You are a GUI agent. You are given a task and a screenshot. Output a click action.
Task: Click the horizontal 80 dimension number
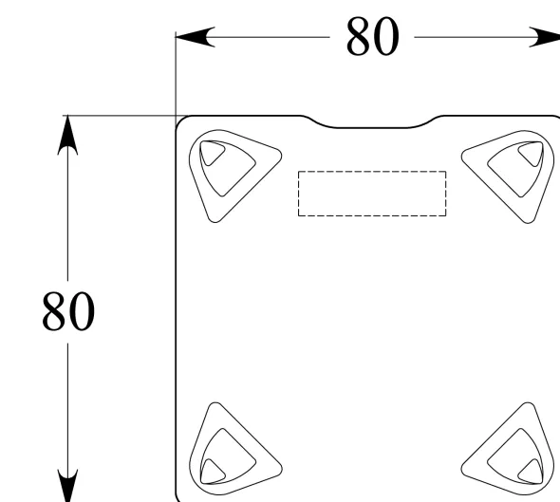click(372, 36)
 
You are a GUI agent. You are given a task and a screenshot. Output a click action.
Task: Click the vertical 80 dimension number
click(68, 310)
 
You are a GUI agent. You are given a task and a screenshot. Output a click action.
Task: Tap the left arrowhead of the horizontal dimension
click(195, 37)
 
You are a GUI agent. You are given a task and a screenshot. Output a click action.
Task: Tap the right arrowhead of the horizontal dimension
click(545, 37)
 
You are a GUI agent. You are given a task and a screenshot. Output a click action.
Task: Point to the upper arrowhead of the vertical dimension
click(67, 135)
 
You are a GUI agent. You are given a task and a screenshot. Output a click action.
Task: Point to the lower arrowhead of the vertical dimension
click(67, 486)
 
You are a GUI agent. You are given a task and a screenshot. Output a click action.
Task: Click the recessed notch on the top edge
click(371, 127)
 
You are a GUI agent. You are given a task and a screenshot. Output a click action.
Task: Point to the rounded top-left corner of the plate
click(179, 120)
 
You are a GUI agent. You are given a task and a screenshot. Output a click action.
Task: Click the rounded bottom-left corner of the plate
click(177, 497)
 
